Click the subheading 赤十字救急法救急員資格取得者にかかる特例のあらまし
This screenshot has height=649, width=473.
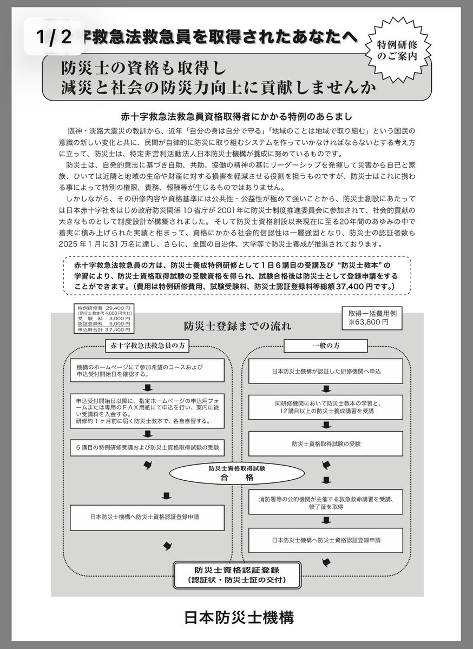(236, 117)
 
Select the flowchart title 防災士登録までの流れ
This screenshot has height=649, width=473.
(237, 326)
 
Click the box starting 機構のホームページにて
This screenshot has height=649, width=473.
(147, 370)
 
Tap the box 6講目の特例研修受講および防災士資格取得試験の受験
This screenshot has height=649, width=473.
(147, 447)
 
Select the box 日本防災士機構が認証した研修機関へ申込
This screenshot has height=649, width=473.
(326, 370)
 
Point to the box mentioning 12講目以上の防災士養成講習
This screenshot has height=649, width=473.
(326, 407)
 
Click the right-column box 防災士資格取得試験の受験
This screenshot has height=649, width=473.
(326, 443)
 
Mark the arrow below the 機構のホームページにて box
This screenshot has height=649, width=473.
(147, 387)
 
